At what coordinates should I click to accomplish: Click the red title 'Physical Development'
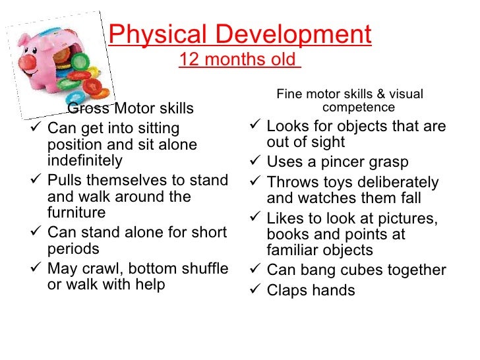[x=240, y=34]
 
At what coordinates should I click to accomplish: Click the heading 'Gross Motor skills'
[x=131, y=108]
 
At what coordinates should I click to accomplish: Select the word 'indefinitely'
[x=85, y=160]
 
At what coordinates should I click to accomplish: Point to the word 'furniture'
[x=76, y=213]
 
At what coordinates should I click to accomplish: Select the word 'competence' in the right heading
[x=359, y=107]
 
